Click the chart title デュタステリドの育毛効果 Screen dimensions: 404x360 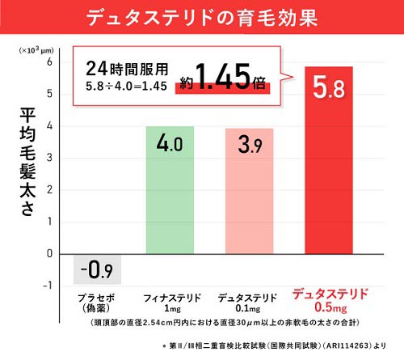(202, 18)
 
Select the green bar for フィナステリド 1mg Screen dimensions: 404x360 (170, 190)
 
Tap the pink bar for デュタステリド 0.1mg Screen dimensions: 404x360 (250, 191)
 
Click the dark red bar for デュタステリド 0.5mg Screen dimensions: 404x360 (329, 160)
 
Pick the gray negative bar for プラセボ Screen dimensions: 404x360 (97, 269)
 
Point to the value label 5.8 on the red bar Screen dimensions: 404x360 (329, 87)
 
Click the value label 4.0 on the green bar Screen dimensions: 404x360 (170, 143)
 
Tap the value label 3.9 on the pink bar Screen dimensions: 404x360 (250, 145)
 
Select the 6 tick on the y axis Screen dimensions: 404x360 (49, 61)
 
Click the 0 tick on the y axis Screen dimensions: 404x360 (49, 253)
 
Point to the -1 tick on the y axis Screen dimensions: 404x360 (48, 286)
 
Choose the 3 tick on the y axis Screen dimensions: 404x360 (49, 158)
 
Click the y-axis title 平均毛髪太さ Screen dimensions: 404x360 (27, 162)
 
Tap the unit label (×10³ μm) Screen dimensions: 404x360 (36, 50)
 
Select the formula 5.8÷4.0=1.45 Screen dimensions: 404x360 (126, 87)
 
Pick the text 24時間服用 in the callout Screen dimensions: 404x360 (127, 69)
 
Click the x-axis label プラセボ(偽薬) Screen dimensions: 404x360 (96, 303)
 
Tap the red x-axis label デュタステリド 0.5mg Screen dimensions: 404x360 (330, 301)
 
